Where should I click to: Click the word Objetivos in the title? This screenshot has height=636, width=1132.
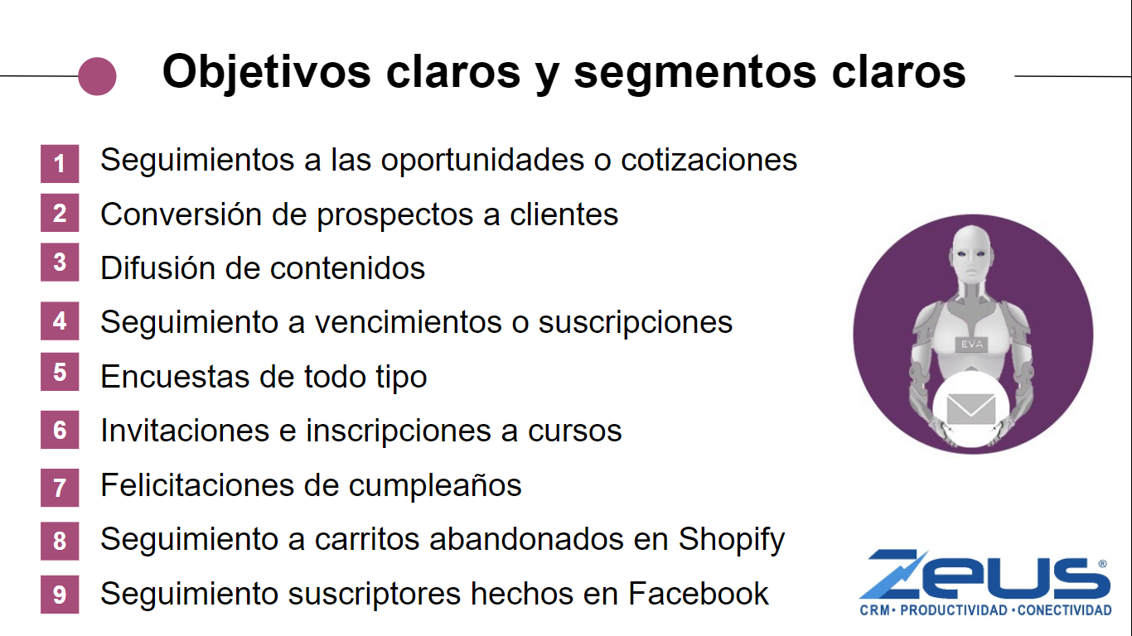(x=267, y=72)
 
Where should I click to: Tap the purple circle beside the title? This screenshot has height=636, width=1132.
(x=97, y=76)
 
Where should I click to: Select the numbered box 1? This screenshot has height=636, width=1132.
(x=60, y=164)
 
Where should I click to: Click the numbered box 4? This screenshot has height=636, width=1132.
(x=60, y=320)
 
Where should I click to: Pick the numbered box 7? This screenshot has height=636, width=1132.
(x=60, y=488)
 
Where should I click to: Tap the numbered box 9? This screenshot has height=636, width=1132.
(x=60, y=594)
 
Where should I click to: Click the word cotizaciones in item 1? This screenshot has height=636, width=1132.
(x=709, y=160)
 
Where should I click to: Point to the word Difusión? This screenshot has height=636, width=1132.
(x=157, y=267)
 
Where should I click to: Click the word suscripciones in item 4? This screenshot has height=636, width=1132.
(x=636, y=323)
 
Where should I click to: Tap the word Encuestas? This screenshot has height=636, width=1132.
(x=175, y=377)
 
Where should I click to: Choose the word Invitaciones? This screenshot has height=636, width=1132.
(x=185, y=431)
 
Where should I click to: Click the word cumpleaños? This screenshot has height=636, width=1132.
(x=435, y=486)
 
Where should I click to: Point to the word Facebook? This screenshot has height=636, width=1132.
(x=699, y=593)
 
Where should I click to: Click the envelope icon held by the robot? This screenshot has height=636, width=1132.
(x=970, y=408)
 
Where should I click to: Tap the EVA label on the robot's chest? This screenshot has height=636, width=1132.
(x=972, y=344)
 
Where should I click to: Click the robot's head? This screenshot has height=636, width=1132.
(x=972, y=253)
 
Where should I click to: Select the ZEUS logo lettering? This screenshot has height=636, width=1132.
(x=985, y=575)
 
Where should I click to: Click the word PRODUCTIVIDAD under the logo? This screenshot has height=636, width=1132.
(x=954, y=610)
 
